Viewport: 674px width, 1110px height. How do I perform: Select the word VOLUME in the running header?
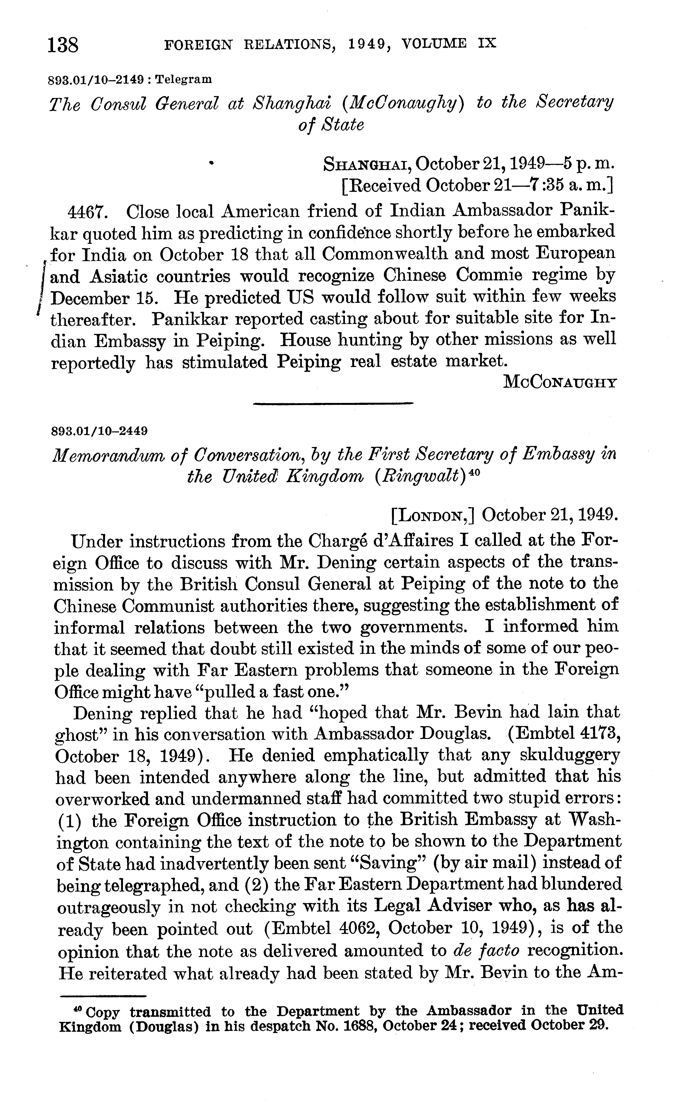click(x=433, y=44)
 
